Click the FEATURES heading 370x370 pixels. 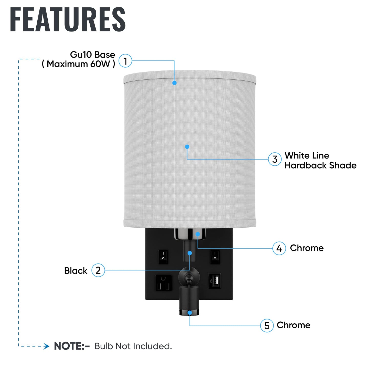68,19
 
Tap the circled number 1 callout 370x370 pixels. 125,61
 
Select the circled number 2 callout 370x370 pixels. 98,270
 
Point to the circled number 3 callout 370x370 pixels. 275,159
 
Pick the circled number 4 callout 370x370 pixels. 279,248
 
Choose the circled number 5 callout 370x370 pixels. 267,325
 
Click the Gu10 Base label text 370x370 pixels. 92,55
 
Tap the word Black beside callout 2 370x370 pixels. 76,271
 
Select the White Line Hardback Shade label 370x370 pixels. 321,160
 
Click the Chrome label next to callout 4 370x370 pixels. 307,248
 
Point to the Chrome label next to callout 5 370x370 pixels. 294,325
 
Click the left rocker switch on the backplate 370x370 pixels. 163,257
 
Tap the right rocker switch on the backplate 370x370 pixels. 215,257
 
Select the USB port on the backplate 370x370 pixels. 215,281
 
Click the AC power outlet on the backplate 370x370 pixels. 164,283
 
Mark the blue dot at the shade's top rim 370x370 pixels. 174,83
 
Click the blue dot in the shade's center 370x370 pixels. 187,147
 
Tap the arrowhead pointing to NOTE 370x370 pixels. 46,346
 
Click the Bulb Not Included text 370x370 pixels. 133,346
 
